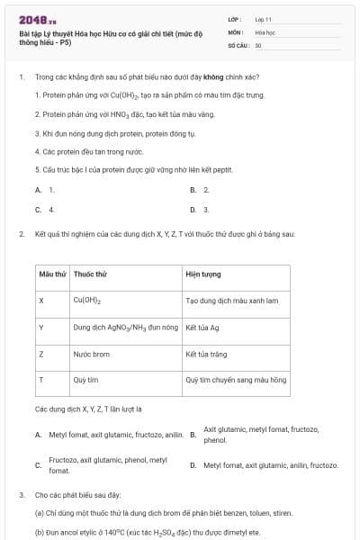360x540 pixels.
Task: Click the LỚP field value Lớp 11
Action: pos(264,19)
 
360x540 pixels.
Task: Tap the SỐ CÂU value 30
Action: pos(258,44)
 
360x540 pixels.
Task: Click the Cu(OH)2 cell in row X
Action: pos(86,301)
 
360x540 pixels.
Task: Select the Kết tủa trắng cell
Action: pos(204,354)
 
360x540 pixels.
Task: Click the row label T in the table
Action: pos(40,380)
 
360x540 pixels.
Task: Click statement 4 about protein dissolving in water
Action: pos(80,152)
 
